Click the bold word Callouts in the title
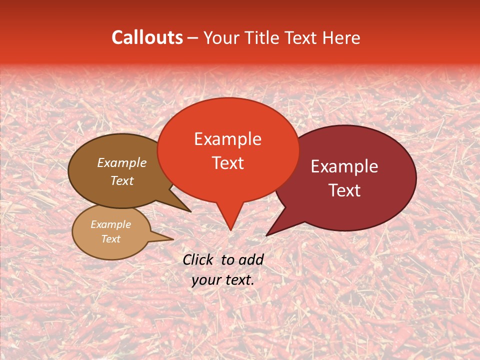[x=147, y=37]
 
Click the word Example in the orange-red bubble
[x=227, y=139]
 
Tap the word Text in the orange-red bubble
[x=227, y=163]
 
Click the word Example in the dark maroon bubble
[x=344, y=166]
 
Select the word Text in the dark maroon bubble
[x=344, y=190]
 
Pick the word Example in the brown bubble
[x=121, y=162]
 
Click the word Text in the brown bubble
[x=121, y=180]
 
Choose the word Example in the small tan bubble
[x=110, y=224]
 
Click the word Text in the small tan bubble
[x=110, y=239]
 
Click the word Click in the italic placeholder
[x=198, y=259]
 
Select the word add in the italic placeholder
[x=251, y=259]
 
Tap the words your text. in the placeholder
[x=223, y=280]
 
